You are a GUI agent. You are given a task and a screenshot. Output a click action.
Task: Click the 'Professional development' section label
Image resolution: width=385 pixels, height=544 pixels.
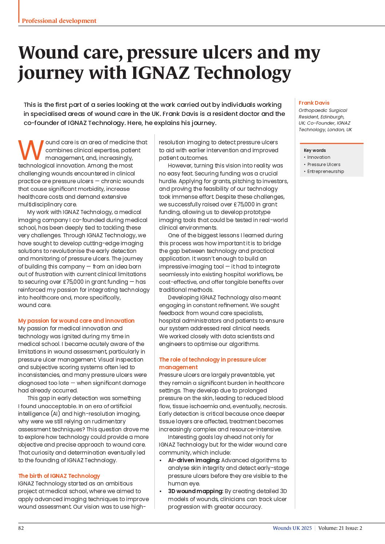(x=59, y=21)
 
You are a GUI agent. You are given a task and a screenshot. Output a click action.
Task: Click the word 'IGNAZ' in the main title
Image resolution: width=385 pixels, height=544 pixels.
(x=160, y=73)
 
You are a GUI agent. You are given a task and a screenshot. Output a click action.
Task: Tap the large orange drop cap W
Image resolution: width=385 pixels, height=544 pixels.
(x=31, y=150)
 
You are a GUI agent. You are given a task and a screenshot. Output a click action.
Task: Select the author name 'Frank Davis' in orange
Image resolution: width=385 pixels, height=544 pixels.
(x=314, y=103)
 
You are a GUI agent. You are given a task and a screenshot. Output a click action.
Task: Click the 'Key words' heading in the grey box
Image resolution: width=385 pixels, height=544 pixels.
(x=315, y=150)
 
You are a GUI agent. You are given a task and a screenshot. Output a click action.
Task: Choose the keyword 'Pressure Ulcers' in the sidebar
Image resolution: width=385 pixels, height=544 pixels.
(x=324, y=164)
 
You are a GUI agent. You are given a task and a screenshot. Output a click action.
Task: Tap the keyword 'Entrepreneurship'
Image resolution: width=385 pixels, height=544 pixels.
(x=325, y=172)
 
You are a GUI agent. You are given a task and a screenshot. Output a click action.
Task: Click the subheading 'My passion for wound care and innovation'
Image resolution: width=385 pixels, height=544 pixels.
(x=76, y=321)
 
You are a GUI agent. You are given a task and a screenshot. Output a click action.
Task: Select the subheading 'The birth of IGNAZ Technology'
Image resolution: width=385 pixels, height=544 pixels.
(x=59, y=476)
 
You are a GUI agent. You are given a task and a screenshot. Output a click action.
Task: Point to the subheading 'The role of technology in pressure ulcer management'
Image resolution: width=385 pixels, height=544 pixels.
(x=213, y=363)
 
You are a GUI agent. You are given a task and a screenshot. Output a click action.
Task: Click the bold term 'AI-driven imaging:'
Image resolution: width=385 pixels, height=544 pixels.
(x=194, y=460)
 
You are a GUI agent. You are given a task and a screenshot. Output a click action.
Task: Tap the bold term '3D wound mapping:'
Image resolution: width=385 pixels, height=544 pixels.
(x=195, y=491)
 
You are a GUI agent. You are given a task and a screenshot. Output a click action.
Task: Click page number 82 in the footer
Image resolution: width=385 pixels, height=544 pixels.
(x=21, y=528)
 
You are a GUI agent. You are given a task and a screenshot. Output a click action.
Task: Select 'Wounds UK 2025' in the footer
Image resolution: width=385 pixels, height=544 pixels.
(x=292, y=528)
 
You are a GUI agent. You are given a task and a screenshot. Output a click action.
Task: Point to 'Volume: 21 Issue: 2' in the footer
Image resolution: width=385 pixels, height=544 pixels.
(x=340, y=528)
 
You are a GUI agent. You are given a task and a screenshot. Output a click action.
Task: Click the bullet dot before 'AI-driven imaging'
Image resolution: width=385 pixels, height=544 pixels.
(x=161, y=460)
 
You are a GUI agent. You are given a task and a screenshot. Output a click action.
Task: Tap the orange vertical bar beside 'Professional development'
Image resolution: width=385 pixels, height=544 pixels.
(x=19, y=11)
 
